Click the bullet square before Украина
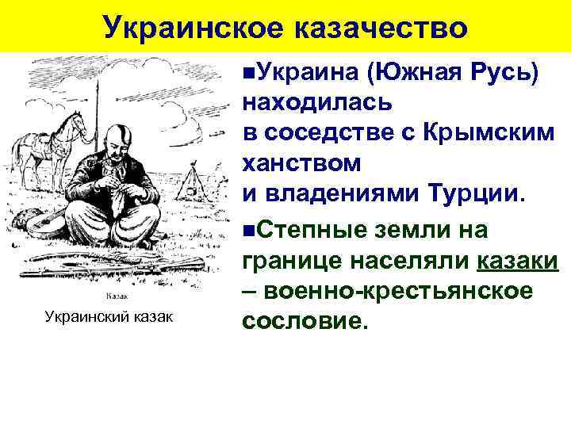[x=249, y=72]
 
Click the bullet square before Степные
[x=249, y=230]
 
